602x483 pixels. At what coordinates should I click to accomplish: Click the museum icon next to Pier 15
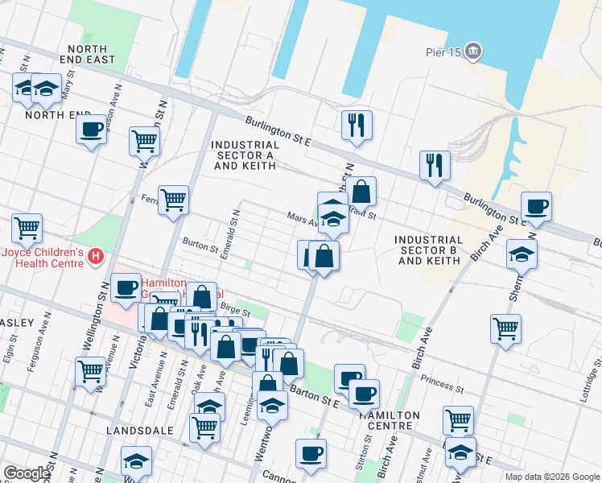474,54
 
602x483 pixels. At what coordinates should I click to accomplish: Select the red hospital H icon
96,257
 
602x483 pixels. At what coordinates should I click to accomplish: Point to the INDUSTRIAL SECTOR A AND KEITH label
243,155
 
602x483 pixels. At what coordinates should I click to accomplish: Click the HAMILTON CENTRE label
390,420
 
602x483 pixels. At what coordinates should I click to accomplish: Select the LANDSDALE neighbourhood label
140,431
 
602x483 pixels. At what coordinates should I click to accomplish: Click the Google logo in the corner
27,473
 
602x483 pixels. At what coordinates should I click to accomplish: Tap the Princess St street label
441,385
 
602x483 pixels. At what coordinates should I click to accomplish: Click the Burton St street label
200,244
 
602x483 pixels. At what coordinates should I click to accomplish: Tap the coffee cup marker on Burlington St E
536,207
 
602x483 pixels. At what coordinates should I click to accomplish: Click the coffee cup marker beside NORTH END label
92,128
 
